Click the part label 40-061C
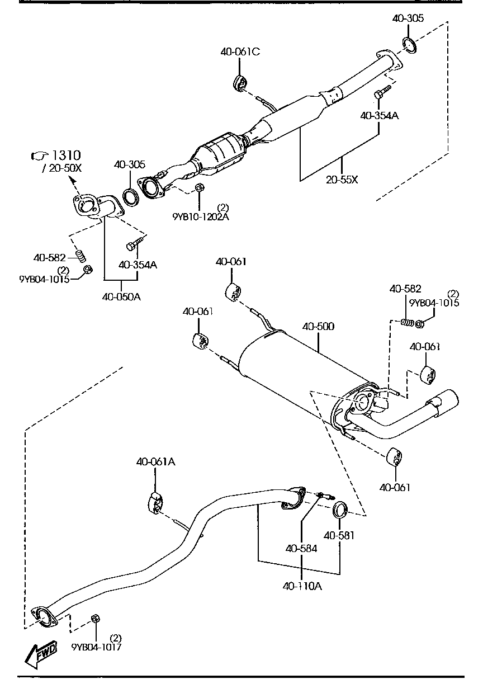click(x=240, y=51)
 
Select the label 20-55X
click(x=342, y=180)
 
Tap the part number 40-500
click(x=318, y=326)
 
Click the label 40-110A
click(x=302, y=586)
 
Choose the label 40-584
click(x=301, y=549)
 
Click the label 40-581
click(x=339, y=535)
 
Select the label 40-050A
click(x=121, y=296)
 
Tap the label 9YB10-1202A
click(x=201, y=216)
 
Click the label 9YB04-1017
click(x=96, y=647)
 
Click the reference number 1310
click(x=66, y=155)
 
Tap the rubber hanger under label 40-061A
click(x=155, y=502)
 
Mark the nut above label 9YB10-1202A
click(x=200, y=188)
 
